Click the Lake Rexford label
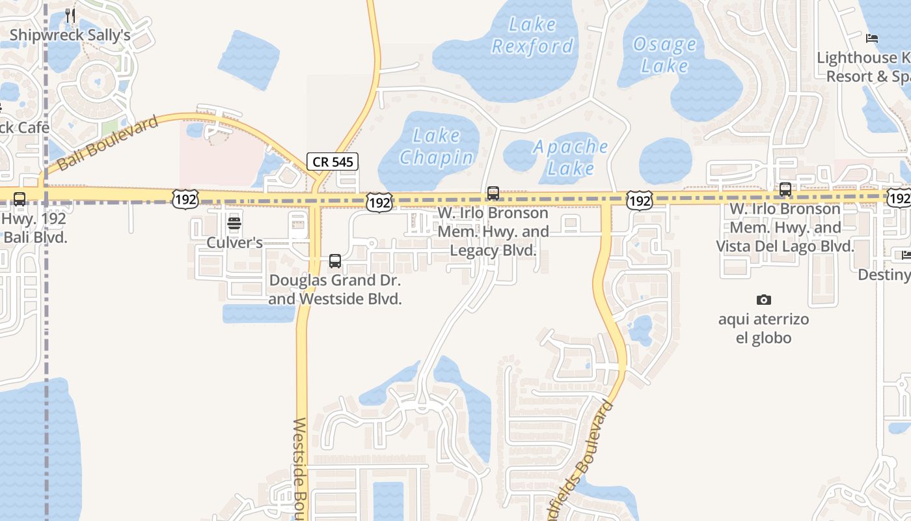click(x=532, y=35)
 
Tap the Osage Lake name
click(x=664, y=55)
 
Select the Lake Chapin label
click(x=437, y=147)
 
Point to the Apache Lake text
click(x=571, y=157)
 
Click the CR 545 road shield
click(x=333, y=162)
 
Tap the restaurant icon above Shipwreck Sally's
click(x=70, y=15)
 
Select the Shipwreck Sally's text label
click(x=70, y=35)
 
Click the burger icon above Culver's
click(x=234, y=224)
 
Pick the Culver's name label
click(x=234, y=243)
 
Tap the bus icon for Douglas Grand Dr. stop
click(x=335, y=261)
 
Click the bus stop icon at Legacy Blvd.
click(x=493, y=193)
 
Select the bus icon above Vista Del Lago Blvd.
click(x=785, y=190)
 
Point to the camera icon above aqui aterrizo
click(x=764, y=300)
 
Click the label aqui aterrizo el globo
click(x=764, y=329)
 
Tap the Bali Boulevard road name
click(x=108, y=143)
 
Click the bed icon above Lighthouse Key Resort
click(x=872, y=38)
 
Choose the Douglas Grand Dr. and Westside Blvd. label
click(x=335, y=290)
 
